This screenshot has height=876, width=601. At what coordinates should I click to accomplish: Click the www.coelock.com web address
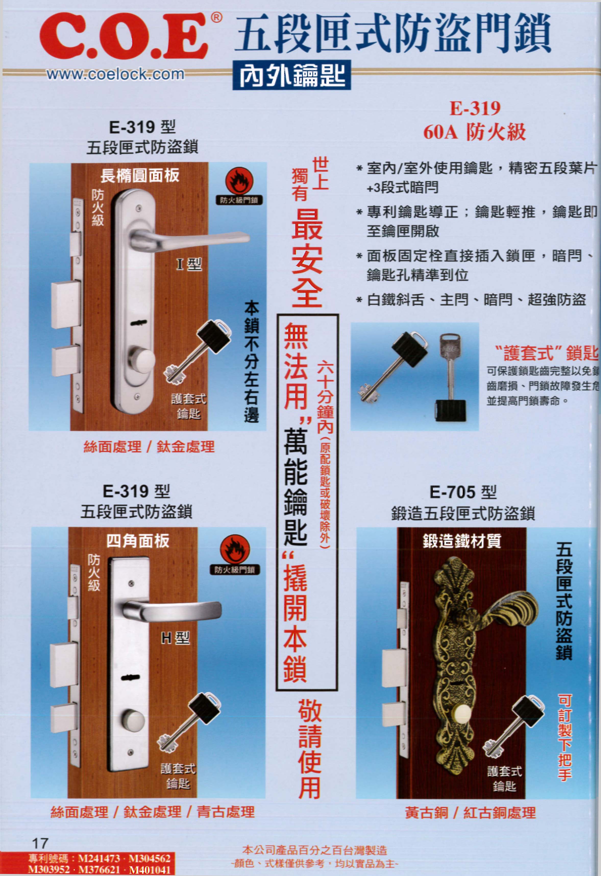(115, 74)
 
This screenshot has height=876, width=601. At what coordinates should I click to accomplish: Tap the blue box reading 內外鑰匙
(292, 75)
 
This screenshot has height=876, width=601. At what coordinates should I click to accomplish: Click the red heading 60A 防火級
(474, 132)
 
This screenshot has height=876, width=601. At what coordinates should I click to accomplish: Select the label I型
(189, 265)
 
